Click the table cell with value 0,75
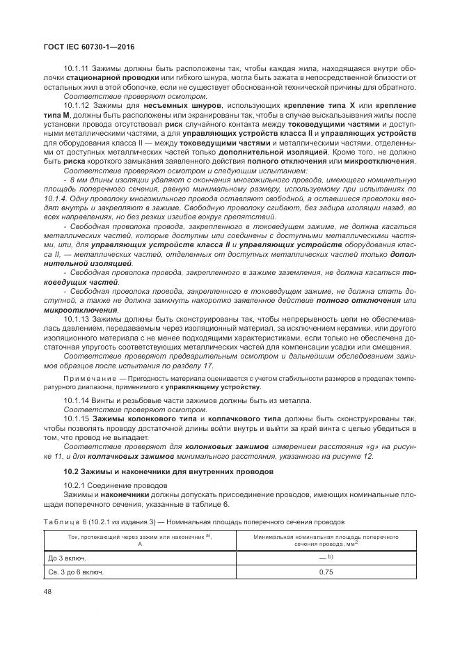click(x=325, y=572)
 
